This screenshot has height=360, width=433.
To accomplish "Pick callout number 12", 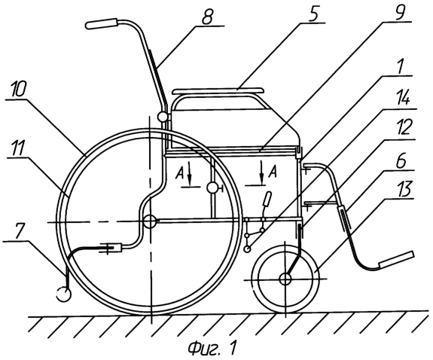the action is (x=404, y=127).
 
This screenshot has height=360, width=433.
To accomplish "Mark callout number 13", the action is (x=404, y=190).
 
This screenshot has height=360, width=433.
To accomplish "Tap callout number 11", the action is (x=16, y=148).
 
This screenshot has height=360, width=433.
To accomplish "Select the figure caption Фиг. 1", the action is (x=212, y=349).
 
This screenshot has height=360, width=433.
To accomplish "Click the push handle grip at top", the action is (x=102, y=23).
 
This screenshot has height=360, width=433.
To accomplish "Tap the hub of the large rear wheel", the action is (x=150, y=221).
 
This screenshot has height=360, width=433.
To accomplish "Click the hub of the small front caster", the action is (x=285, y=279).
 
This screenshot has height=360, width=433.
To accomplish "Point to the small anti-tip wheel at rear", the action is (x=64, y=294).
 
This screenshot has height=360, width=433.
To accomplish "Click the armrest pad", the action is (x=218, y=91).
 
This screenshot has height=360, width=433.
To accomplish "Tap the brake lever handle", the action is (x=267, y=199).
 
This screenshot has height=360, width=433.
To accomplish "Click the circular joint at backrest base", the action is (x=163, y=117).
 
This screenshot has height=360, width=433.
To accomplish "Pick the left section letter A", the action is (x=180, y=173).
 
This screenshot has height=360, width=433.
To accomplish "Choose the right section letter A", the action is (x=273, y=172).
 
